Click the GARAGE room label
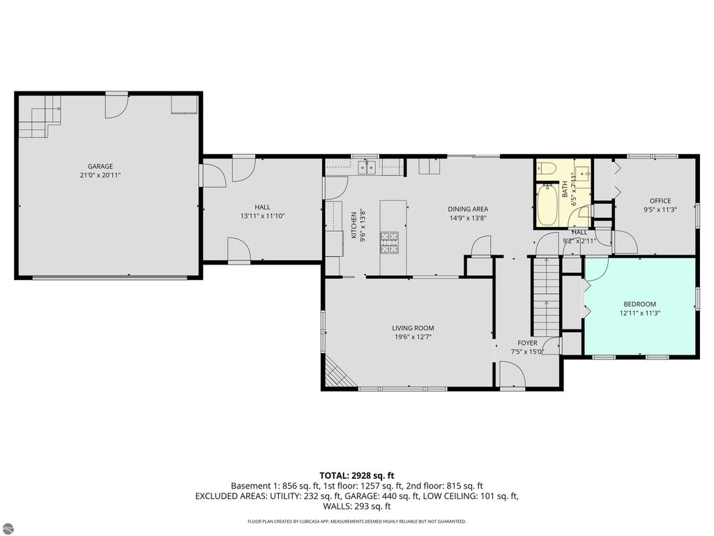tap(100, 166)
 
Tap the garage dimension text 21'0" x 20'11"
tap(100, 175)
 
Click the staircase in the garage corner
tap(39, 117)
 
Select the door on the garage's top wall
tap(116, 105)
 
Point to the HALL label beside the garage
tap(262, 207)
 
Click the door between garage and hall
tap(212, 175)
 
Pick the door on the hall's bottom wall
tap(238, 249)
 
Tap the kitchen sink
tap(367, 167)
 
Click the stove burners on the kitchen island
tap(389, 241)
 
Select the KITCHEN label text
tap(354, 227)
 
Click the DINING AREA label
tap(467, 209)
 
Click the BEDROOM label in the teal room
tap(639, 304)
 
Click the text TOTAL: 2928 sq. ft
tap(356, 475)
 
